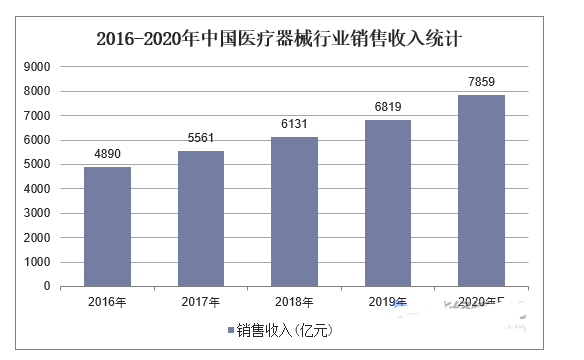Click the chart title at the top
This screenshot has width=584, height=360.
[284, 39]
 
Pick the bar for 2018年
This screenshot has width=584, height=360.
[294, 211]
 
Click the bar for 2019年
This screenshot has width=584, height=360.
[388, 203]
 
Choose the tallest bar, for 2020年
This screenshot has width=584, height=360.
[481, 190]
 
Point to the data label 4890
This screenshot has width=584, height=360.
[107, 156]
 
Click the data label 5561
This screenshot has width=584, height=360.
[201, 140]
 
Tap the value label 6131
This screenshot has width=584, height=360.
[294, 126]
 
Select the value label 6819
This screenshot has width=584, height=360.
[388, 109]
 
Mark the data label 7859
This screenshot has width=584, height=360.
[481, 83]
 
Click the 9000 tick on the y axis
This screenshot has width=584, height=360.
[37, 67]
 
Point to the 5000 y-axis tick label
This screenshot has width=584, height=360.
[37, 164]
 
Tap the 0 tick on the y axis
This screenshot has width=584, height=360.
[46, 286]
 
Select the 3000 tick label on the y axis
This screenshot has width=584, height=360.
[37, 213]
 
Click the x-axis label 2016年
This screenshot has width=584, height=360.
[107, 302]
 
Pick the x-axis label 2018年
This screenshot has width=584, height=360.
[294, 302]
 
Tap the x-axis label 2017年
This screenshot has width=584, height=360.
[201, 302]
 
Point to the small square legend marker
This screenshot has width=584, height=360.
[231, 329]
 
